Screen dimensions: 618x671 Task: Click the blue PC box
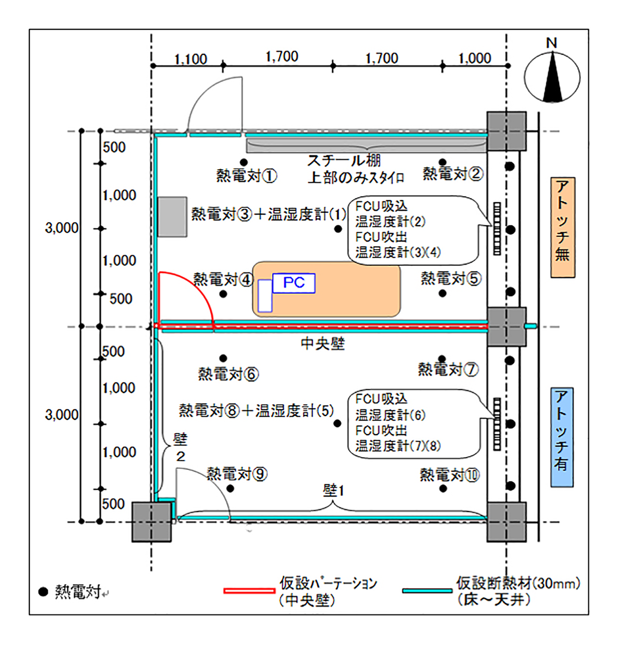pyautogui.click(x=294, y=283)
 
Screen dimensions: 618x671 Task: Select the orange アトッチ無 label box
pyautogui.click(x=563, y=227)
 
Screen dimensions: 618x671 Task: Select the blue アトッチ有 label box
pyautogui.click(x=562, y=437)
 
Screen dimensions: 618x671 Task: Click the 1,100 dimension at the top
pyautogui.click(x=190, y=59)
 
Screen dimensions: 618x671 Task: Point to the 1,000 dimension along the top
pyautogui.click(x=475, y=58)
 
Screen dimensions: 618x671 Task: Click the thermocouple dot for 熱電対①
pyautogui.click(x=244, y=162)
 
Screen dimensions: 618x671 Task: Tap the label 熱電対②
pyautogui.click(x=453, y=174)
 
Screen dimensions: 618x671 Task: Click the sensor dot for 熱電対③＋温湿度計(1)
pyautogui.click(x=338, y=229)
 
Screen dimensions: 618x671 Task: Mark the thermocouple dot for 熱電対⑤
pyautogui.click(x=442, y=293)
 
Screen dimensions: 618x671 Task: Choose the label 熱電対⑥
pyautogui.click(x=228, y=374)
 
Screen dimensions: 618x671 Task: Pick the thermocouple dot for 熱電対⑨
pyautogui.click(x=230, y=489)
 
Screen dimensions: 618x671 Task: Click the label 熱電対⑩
pyautogui.click(x=450, y=475)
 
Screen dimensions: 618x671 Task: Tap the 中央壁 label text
pyautogui.click(x=323, y=344)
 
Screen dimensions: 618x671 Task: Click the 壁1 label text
pyautogui.click(x=333, y=490)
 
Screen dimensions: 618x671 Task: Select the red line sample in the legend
pyautogui.click(x=249, y=591)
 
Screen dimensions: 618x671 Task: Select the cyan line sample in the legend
pyautogui.click(x=427, y=591)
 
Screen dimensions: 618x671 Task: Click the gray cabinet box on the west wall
pyautogui.click(x=172, y=217)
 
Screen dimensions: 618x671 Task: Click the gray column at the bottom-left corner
pyautogui.click(x=152, y=522)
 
